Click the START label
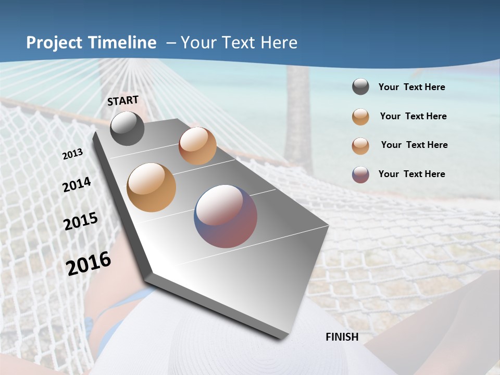[x=123, y=101]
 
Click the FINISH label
[x=342, y=337]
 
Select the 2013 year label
[x=73, y=154]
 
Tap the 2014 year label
[x=77, y=185]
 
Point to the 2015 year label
[x=81, y=221]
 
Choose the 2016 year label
[x=89, y=264]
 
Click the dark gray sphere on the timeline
[x=127, y=129]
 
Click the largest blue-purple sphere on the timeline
[x=226, y=216]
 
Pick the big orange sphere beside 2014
[x=151, y=187]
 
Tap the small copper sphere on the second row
[x=197, y=146]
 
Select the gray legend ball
[x=360, y=87]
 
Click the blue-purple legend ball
[x=360, y=174]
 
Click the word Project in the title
[x=54, y=43]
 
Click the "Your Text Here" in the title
[x=239, y=43]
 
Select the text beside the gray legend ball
[x=411, y=87]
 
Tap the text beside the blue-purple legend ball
[x=411, y=174]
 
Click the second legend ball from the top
[x=360, y=117]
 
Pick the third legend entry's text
[x=414, y=145]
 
